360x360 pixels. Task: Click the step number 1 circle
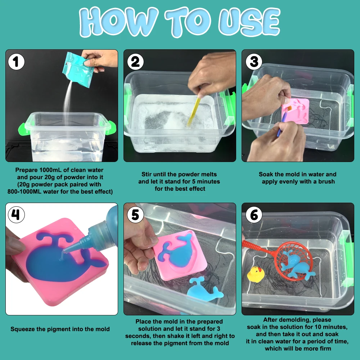tap(16, 62)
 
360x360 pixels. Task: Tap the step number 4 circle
tap(16, 215)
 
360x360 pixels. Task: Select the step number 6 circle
tap(254, 215)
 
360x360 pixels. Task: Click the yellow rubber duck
tap(256, 274)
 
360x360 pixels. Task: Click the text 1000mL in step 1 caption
tap(51, 170)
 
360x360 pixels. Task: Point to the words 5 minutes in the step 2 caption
tap(204, 181)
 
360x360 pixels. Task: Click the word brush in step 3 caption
tap(327, 181)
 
